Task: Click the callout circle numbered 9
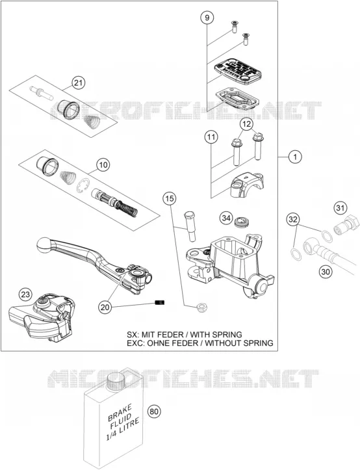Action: click(x=207, y=18)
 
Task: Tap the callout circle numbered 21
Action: click(x=78, y=83)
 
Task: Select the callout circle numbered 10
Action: click(x=103, y=164)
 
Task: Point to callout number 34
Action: click(x=226, y=218)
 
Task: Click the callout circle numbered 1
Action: click(x=295, y=157)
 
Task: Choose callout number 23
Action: click(x=25, y=294)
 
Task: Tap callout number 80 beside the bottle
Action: click(x=154, y=411)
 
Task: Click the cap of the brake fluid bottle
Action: click(x=115, y=380)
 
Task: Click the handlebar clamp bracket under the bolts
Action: click(x=247, y=184)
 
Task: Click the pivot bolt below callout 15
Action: click(x=189, y=226)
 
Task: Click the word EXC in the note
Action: click(x=133, y=343)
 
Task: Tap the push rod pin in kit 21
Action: click(x=42, y=93)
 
